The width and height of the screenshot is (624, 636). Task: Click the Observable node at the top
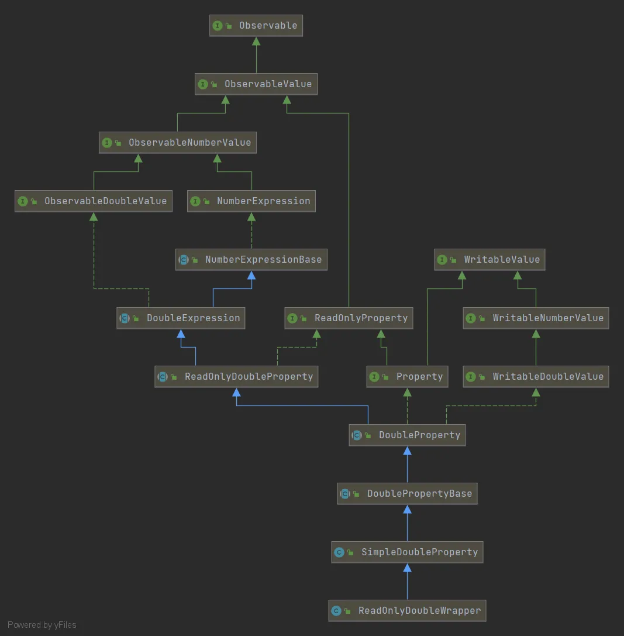click(256, 26)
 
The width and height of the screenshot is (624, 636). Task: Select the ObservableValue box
click(256, 84)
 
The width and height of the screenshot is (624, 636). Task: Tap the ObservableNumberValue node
click(178, 143)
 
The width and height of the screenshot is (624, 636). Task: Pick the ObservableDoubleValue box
click(94, 201)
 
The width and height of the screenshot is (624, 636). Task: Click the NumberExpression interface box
click(251, 201)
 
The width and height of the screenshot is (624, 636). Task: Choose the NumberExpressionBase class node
click(251, 260)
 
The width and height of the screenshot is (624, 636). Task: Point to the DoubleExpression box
click(181, 318)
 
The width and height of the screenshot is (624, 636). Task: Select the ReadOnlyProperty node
click(349, 318)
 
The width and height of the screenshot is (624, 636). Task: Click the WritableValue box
click(489, 260)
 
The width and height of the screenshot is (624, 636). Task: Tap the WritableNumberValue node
click(536, 318)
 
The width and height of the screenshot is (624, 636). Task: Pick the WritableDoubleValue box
click(536, 377)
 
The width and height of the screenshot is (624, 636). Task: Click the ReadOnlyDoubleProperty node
click(236, 377)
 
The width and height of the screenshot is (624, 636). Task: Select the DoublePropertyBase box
click(408, 494)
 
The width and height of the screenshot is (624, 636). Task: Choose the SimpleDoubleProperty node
click(408, 552)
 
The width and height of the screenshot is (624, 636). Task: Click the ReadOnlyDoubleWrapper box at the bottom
click(408, 611)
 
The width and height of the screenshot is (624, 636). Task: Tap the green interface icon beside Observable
click(218, 26)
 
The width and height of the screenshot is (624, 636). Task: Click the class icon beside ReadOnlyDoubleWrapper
click(336, 611)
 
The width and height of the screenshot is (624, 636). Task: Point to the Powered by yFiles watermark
click(42, 625)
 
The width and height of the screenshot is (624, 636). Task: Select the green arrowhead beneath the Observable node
click(256, 42)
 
